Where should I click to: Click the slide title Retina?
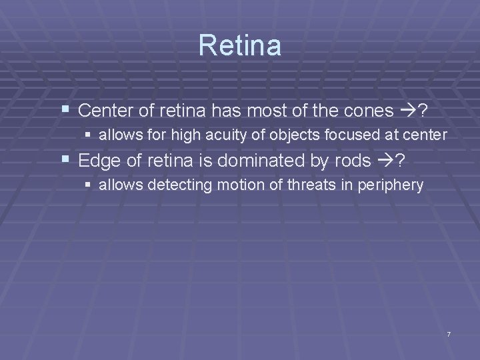[x=240, y=45]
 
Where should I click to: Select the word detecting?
[x=175, y=185]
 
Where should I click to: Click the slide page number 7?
[x=449, y=333]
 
